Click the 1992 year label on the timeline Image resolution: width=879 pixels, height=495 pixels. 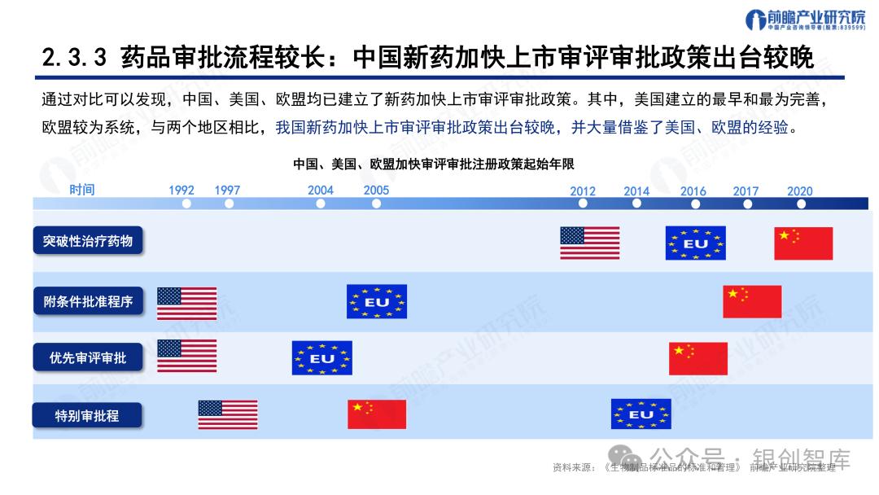pyautogui.click(x=181, y=191)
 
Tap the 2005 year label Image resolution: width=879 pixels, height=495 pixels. pyautogui.click(x=376, y=191)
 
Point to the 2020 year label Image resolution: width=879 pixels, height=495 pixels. pyautogui.click(x=799, y=191)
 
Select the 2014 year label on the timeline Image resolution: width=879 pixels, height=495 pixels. pyautogui.click(x=636, y=191)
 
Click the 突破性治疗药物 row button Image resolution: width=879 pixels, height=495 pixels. pyautogui.click(x=88, y=242)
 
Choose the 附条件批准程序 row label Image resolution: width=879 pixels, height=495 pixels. pyautogui.click(x=88, y=301)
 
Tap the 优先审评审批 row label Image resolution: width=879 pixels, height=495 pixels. pyautogui.click(x=88, y=357)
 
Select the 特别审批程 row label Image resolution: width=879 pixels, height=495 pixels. pyautogui.click(x=87, y=415)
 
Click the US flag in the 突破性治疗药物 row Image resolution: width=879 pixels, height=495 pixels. pyautogui.click(x=589, y=243)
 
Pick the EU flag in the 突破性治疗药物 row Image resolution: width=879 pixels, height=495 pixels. pyautogui.click(x=695, y=243)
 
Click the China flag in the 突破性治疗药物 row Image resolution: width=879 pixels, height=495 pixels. pyautogui.click(x=803, y=243)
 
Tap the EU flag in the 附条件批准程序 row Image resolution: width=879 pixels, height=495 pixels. pyautogui.click(x=376, y=301)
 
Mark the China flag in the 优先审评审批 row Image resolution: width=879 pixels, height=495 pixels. pyautogui.click(x=698, y=358)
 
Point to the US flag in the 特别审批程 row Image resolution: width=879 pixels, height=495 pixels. pyautogui.click(x=227, y=414)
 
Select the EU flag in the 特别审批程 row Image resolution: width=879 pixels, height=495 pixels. pyautogui.click(x=641, y=414)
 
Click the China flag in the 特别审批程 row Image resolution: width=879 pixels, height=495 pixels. pyautogui.click(x=376, y=414)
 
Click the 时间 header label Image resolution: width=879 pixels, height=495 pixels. pyautogui.click(x=81, y=190)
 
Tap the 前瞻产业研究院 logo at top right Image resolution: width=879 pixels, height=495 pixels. pyautogui.click(x=794, y=21)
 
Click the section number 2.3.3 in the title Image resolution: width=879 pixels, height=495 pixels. pyautogui.click(x=74, y=59)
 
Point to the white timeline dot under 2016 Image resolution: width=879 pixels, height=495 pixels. pyautogui.click(x=693, y=204)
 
